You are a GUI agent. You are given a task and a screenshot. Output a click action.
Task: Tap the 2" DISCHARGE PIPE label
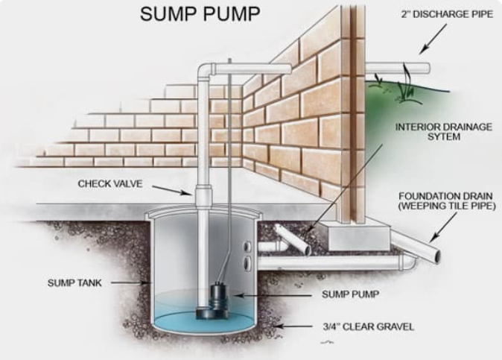(x=447, y=14)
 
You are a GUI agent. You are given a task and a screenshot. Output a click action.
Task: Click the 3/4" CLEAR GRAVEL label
(x=368, y=326)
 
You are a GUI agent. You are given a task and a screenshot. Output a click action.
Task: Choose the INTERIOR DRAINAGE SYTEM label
(x=445, y=131)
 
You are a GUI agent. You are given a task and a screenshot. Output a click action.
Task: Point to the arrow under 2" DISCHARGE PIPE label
(x=430, y=37)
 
